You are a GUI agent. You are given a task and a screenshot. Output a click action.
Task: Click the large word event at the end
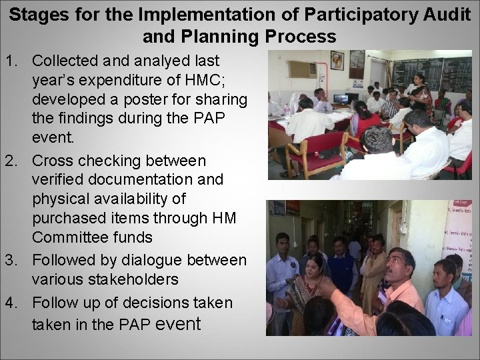(177, 323)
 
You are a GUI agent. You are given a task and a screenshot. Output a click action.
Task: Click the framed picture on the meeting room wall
(337, 60)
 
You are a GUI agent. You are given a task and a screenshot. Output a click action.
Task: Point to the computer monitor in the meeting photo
(341, 99)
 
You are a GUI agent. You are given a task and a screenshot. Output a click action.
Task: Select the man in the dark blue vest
(341, 270)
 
